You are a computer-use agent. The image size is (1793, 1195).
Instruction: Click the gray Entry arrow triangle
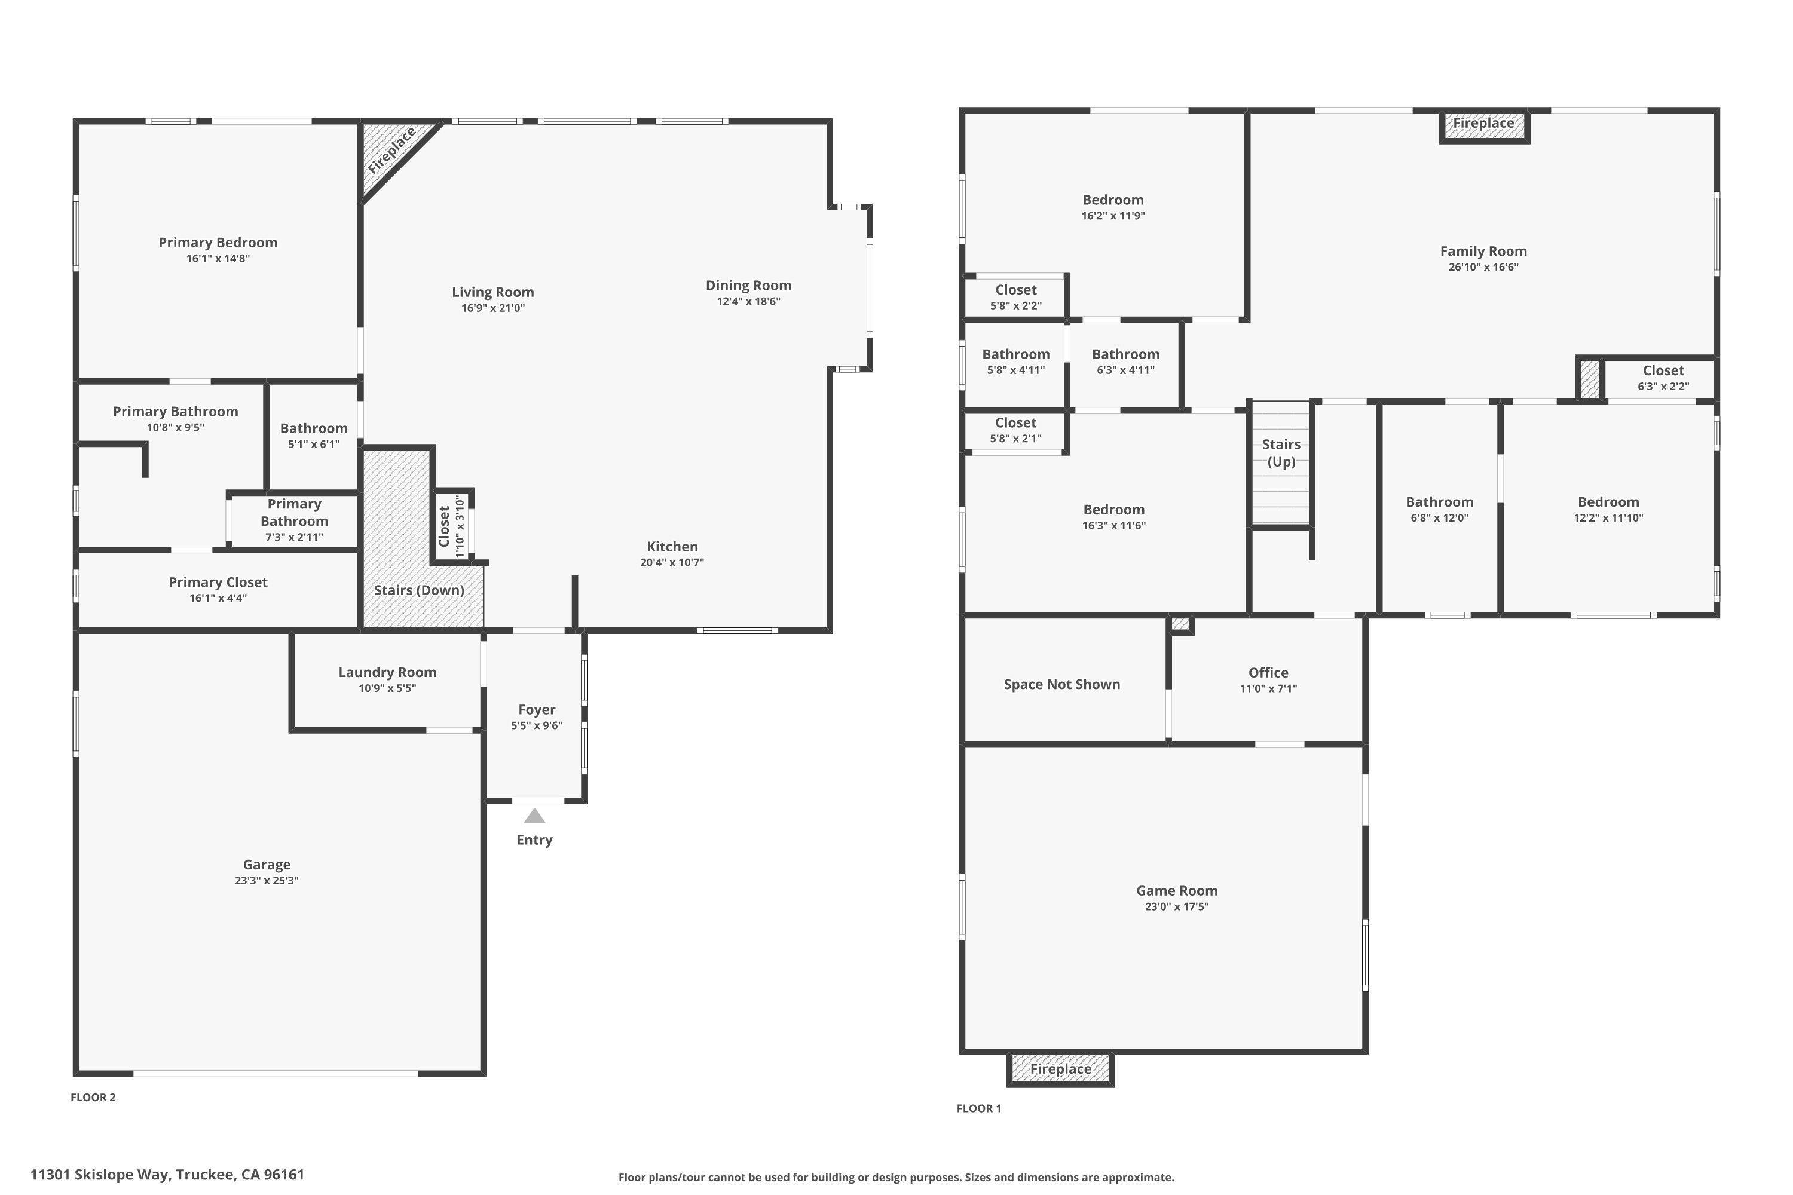pos(534,816)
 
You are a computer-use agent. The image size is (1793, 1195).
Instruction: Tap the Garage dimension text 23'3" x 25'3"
pos(266,880)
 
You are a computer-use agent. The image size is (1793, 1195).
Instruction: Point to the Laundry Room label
pos(387,672)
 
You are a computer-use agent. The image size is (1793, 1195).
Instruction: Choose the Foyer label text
pos(537,710)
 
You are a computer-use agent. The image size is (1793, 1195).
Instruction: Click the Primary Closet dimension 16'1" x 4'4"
pos(218,598)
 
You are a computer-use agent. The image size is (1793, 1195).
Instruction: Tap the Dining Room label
pos(748,286)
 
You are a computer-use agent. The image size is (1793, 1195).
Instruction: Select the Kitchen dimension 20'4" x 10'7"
pos(672,562)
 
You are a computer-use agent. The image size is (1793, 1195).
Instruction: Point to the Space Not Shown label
pos(1061,684)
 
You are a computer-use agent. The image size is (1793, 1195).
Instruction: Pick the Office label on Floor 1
pos(1268,672)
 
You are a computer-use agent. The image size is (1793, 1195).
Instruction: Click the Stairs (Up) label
pos(1281,453)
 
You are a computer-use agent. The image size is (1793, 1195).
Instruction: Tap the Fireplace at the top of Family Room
pos(1483,124)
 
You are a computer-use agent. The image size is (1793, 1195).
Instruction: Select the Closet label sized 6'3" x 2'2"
pos(1663,370)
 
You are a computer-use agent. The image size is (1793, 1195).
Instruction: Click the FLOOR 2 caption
pos(93,1098)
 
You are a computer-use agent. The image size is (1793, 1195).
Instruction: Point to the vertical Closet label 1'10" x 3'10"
pos(445,526)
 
